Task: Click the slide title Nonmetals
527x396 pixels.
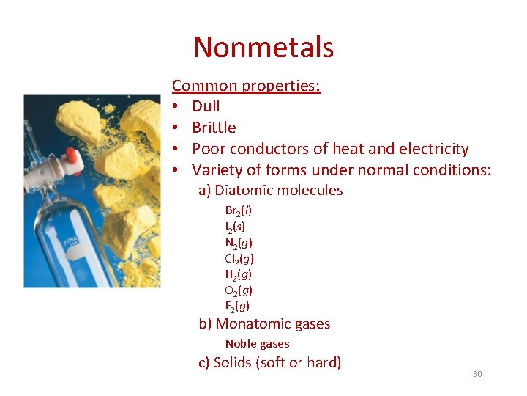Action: [x=263, y=48]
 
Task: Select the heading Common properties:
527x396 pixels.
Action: [x=246, y=86]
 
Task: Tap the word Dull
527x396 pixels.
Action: [x=206, y=106]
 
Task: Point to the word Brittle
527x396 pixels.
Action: [x=214, y=128]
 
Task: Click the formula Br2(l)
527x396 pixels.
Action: [x=239, y=210]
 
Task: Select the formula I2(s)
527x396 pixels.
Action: [x=235, y=227]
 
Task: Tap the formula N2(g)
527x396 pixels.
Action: [x=239, y=243]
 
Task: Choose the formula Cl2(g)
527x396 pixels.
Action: [x=239, y=259]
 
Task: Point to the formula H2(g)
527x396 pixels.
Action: [x=239, y=274]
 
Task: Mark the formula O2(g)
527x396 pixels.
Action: [x=239, y=290]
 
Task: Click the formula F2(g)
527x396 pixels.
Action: [x=237, y=306]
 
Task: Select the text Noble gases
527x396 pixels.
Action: [x=257, y=344]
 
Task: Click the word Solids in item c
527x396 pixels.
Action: [x=232, y=362]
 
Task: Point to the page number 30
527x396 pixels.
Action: [x=477, y=375]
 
